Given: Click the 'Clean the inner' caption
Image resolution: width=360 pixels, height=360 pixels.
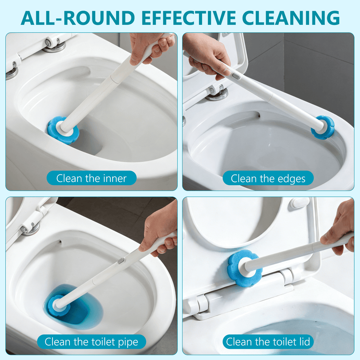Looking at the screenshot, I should [x=91, y=179].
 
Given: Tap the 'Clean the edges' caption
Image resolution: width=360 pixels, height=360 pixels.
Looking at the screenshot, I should [x=268, y=179].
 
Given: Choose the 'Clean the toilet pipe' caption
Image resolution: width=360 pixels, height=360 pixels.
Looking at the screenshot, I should [x=91, y=342].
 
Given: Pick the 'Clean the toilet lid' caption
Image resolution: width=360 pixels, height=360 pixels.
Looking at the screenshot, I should [x=268, y=342].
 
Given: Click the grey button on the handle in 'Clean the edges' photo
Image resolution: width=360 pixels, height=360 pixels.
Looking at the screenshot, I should [x=236, y=76].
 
